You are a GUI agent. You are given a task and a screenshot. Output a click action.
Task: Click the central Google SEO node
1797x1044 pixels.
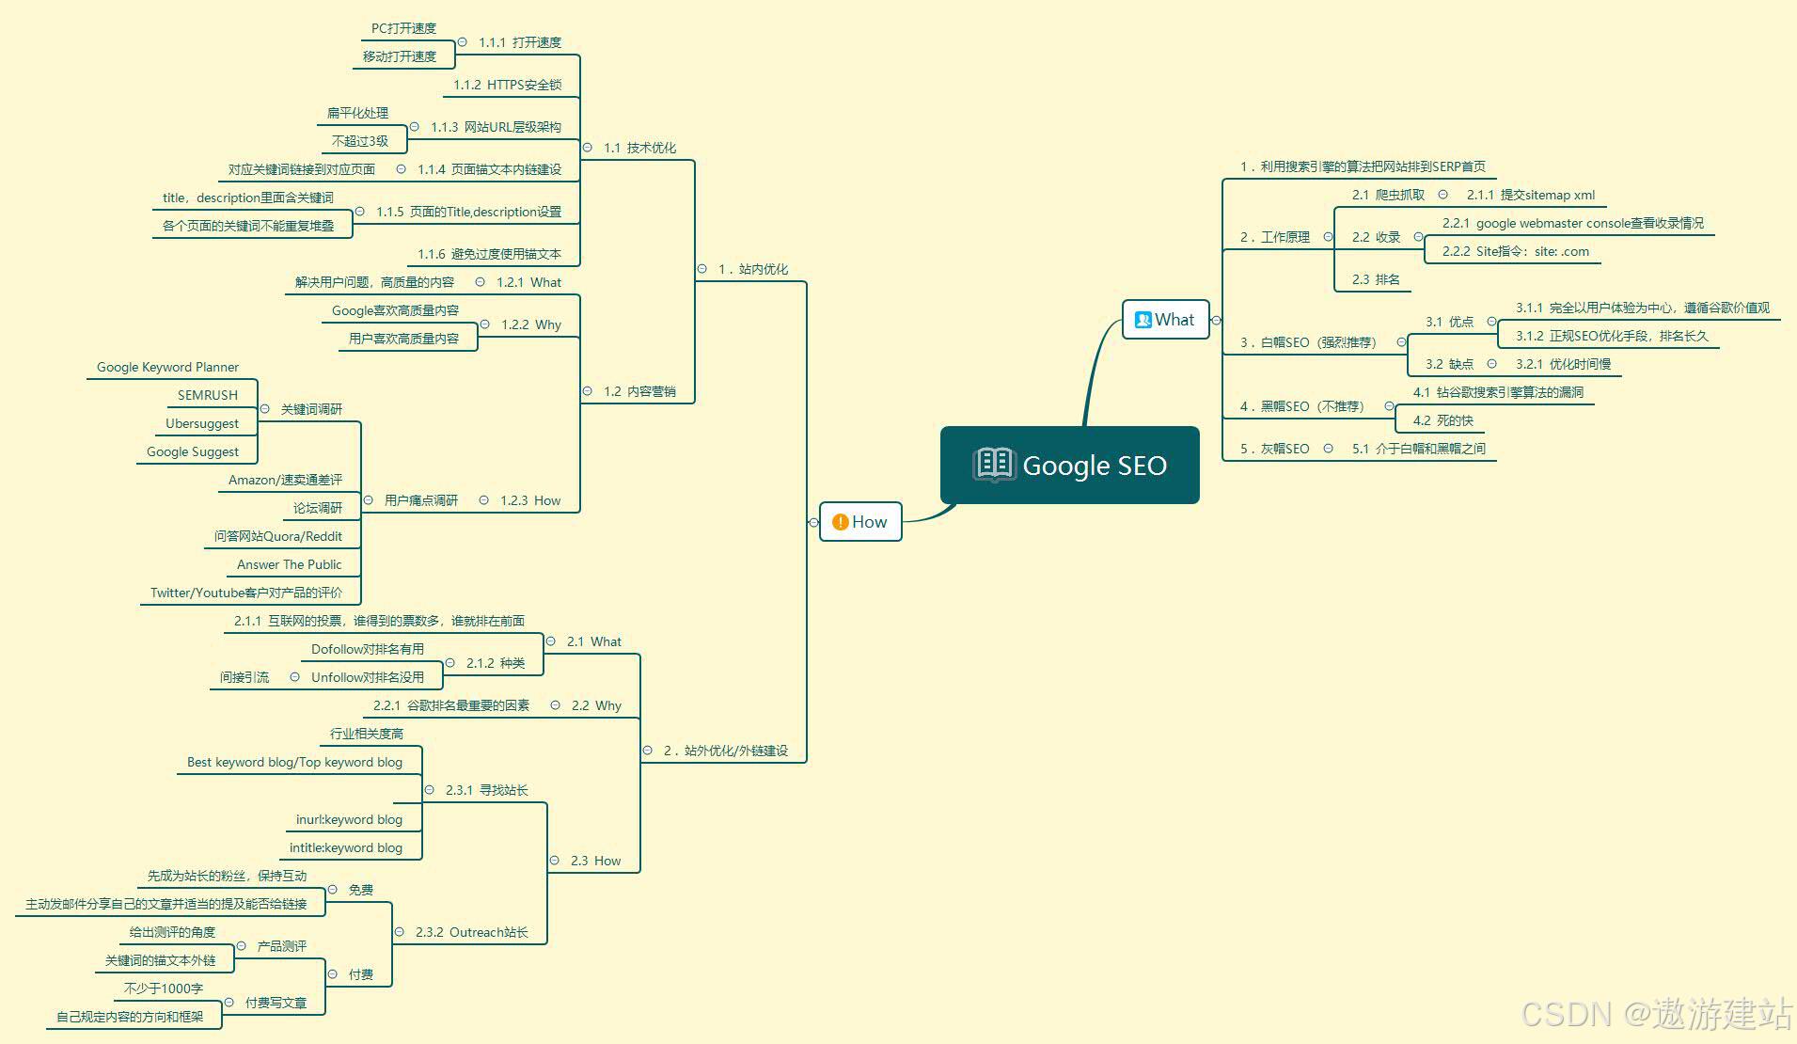pos(1070,466)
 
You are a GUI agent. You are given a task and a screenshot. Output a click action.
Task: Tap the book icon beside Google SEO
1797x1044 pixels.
pos(993,465)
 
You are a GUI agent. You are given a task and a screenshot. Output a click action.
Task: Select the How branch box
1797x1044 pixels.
pos(860,522)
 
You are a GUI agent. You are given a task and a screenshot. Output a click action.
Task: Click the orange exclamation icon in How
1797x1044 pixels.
pos(840,522)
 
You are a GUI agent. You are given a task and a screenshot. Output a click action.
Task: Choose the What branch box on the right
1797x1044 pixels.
pos(1165,320)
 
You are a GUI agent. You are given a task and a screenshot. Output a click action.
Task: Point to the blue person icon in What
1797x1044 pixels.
pos(1143,320)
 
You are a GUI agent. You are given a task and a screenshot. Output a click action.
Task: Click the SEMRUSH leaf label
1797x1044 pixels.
pos(208,395)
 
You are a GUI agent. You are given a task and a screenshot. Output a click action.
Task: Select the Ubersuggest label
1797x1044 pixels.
pos(202,423)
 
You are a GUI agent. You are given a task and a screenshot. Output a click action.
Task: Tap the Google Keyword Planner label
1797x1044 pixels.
pos(167,367)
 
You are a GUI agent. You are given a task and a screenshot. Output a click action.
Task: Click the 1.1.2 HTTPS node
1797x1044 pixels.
pos(507,85)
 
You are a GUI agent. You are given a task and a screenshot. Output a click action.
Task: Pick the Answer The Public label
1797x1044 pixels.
pos(289,564)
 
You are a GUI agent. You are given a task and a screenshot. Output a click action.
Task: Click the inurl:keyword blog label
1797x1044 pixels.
pos(349,819)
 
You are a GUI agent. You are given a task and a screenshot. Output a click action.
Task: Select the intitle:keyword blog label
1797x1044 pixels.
pos(345,847)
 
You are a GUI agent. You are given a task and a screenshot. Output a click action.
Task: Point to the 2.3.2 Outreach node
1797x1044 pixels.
pos(471,932)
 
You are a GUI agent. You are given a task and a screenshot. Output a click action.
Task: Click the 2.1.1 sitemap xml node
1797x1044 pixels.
pos(1530,195)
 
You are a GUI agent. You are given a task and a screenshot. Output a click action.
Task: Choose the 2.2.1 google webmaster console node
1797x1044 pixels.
pos(1572,223)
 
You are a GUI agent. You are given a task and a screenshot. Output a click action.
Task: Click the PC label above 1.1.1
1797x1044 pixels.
pos(403,28)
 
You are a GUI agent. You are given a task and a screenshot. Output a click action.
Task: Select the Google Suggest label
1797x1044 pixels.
pos(193,451)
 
